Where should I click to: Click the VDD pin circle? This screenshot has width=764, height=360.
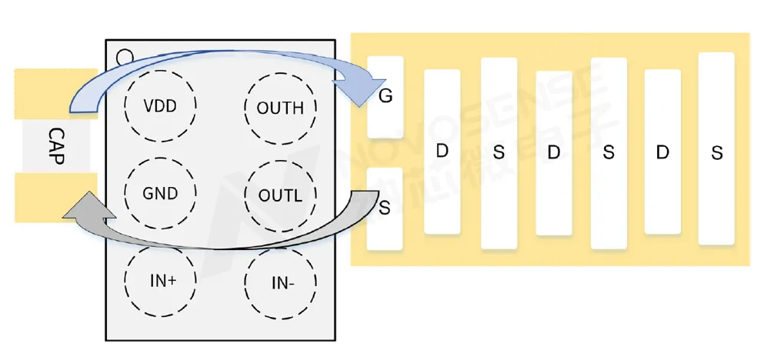(x=160, y=105)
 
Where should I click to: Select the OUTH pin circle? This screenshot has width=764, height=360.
(x=280, y=108)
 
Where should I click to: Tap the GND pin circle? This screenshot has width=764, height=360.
(x=159, y=192)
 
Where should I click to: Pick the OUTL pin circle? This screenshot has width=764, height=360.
(x=280, y=195)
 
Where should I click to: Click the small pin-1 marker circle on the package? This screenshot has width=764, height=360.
(x=122, y=56)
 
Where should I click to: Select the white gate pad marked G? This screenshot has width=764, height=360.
(x=385, y=96)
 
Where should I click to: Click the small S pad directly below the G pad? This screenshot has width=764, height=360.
(x=385, y=208)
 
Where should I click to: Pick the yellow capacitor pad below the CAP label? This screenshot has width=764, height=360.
(x=55, y=198)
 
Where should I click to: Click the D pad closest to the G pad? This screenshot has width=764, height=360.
(x=442, y=152)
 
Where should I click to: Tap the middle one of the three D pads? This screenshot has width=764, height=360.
(x=553, y=153)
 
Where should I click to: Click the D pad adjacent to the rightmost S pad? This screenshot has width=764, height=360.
(x=662, y=152)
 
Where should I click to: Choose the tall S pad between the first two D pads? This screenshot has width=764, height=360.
(x=498, y=153)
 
